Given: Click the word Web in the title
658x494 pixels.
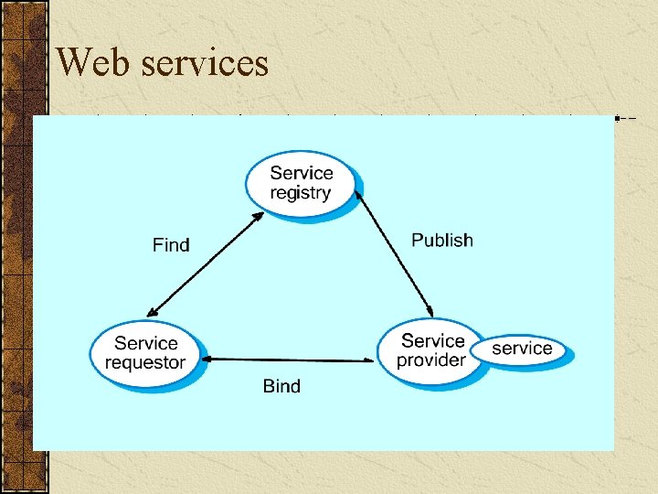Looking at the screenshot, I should tap(90, 62).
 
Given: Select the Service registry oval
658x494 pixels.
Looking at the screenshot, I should tap(301, 183).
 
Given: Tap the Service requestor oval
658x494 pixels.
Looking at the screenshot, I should tap(145, 352).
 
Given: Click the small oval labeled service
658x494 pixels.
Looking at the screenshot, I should tap(522, 349).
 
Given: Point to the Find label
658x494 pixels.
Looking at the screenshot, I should tap(171, 245).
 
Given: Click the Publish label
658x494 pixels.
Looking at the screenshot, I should tap(442, 241).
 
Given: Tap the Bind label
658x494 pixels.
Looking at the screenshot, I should tap(281, 386).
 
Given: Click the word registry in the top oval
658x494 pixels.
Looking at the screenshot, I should tap(301, 193).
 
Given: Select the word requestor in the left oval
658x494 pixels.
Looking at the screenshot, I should tap(145, 362).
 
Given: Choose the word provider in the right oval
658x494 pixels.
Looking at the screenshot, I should tap(430, 360).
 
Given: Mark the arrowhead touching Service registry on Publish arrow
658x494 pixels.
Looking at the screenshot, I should tap(358, 194).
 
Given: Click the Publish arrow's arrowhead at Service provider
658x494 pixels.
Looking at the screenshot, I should tap(430, 312).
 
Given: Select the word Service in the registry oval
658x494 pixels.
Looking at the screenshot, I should tap(302, 173).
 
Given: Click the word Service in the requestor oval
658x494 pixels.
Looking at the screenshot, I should tap(146, 343).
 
